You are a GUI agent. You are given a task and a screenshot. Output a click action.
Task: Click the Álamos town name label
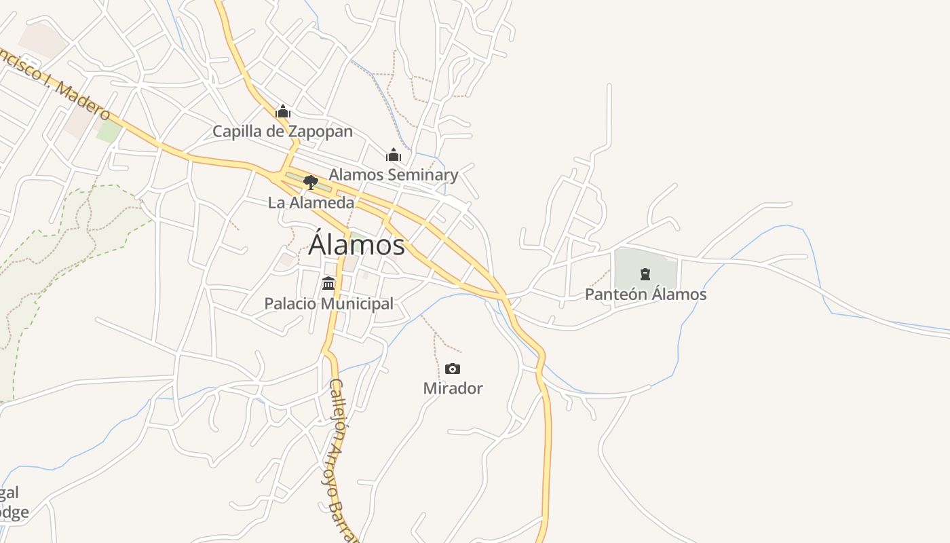357,244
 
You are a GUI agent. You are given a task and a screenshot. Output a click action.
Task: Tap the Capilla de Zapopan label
282,131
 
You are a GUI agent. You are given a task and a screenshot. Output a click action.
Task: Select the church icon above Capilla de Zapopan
282,111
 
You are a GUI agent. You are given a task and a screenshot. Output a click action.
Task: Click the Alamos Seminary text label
394,174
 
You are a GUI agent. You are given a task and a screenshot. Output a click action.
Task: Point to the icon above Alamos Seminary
394,155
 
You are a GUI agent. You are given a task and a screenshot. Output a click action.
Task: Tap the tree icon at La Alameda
310,182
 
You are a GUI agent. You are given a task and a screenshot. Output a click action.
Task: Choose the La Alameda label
311,202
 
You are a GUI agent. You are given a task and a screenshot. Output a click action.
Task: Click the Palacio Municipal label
328,303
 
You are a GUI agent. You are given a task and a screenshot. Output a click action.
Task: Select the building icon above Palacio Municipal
328,283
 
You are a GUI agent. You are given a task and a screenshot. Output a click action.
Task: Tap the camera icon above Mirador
453,369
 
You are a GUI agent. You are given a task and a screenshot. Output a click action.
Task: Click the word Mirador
453,388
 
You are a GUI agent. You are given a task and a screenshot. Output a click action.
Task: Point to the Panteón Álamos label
645,294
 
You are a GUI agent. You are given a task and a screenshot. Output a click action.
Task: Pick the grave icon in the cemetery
645,274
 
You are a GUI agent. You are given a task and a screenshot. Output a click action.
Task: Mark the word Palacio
290,303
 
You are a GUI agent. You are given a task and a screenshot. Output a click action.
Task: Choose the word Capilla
239,131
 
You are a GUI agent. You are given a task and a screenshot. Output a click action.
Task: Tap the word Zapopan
320,131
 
